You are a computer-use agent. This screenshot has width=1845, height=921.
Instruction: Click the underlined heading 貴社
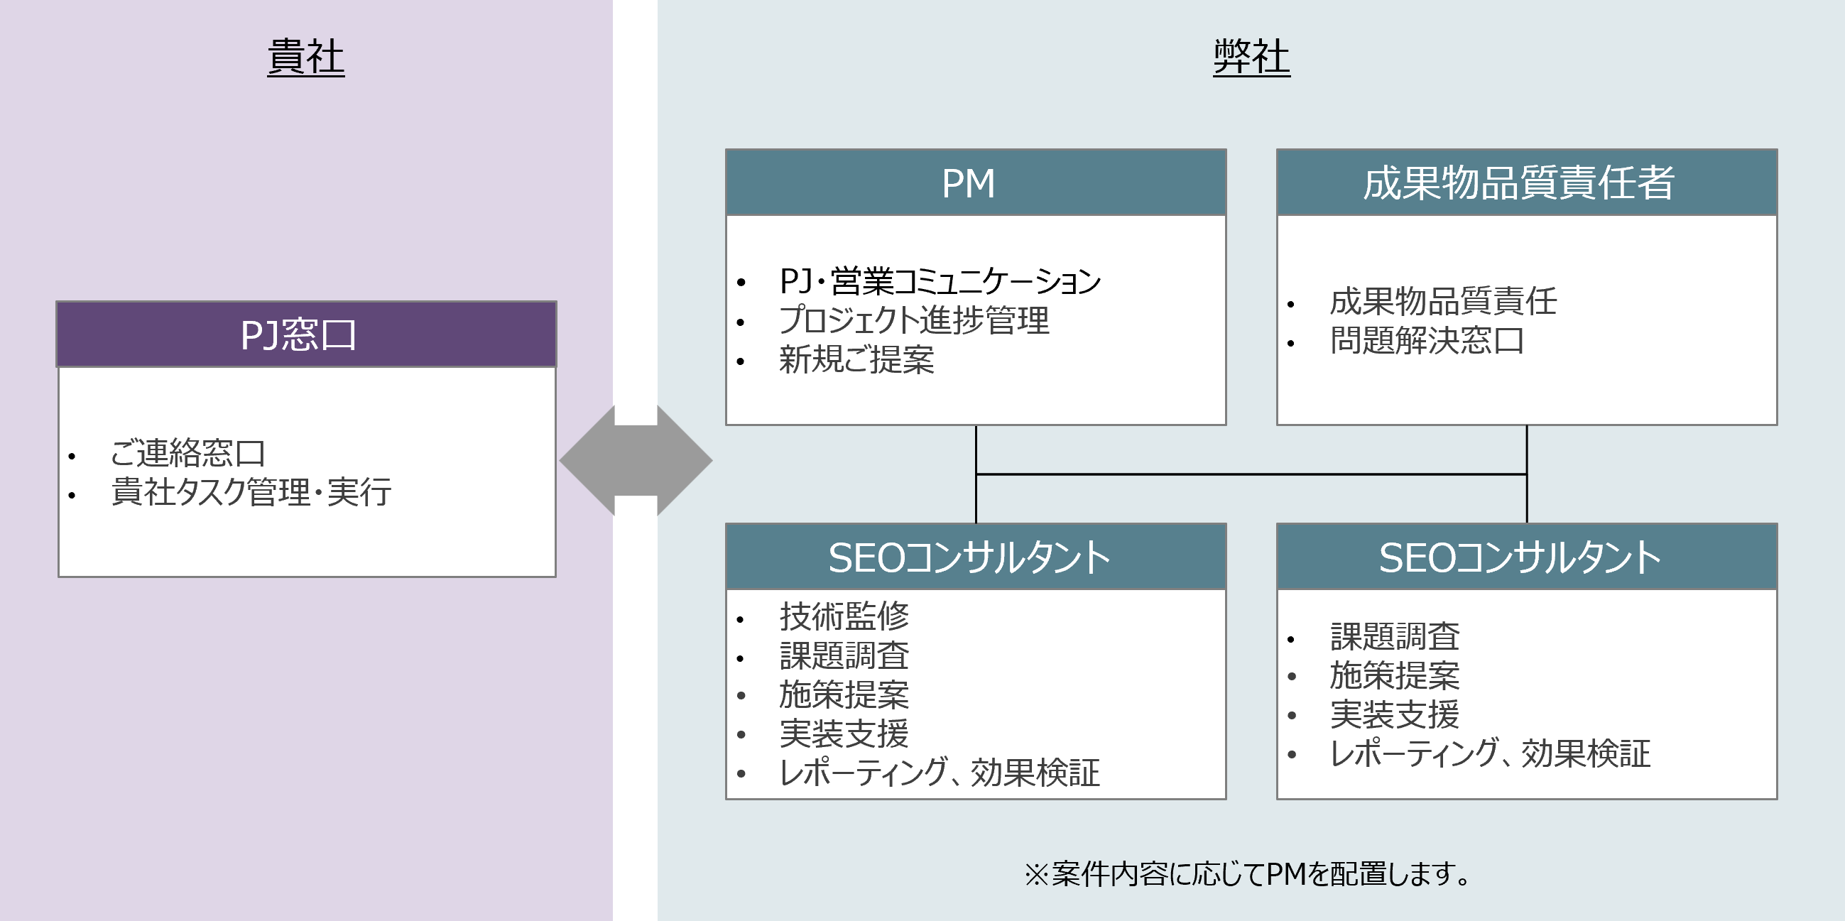coord(306,57)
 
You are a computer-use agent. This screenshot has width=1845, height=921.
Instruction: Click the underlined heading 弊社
coord(1251,57)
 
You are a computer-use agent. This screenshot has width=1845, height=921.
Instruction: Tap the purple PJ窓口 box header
coord(307,334)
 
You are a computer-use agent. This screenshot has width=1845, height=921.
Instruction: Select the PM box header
coord(976,182)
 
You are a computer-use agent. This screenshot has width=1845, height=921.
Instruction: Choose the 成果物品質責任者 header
coord(1526,182)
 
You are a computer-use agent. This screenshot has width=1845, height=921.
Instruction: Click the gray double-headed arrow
coord(636,460)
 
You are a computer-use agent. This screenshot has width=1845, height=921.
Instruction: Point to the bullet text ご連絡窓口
coord(187,452)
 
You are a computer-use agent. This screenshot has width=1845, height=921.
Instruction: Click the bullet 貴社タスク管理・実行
coord(251,492)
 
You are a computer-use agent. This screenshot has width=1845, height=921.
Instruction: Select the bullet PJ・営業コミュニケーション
coord(940,280)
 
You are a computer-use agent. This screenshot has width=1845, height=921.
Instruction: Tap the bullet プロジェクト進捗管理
coord(914,320)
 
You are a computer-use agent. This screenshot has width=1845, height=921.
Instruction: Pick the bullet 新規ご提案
coord(856,359)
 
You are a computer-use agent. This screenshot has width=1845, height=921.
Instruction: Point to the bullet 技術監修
coord(844,616)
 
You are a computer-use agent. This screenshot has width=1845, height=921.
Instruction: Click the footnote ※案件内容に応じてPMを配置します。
coord(1247,873)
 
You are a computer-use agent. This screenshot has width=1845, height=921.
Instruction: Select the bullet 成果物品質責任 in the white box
coord(1442,301)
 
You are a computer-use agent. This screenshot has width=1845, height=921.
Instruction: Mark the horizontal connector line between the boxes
coord(1251,474)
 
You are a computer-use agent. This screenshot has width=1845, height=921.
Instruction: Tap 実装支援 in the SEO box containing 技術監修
coord(844,734)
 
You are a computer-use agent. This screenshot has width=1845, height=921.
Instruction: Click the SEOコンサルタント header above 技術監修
coord(976,557)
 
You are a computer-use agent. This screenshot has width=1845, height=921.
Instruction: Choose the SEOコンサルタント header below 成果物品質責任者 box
coord(1526,557)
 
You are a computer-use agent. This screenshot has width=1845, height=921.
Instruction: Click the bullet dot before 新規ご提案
coord(741,361)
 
